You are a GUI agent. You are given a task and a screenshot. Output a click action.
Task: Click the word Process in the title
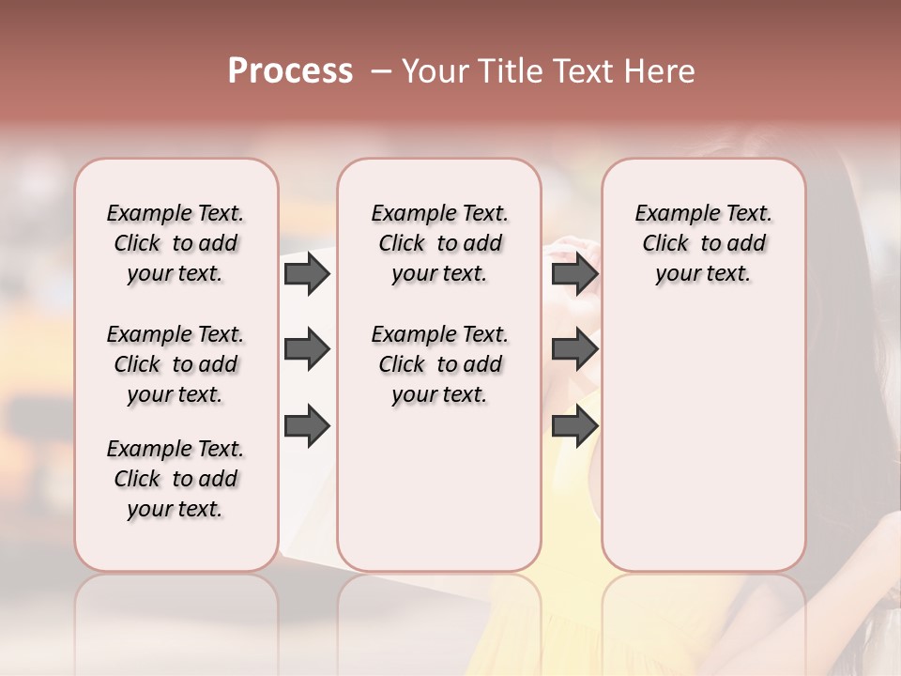pos(290,71)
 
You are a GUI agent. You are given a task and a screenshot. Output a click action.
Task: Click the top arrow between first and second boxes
pos(307,273)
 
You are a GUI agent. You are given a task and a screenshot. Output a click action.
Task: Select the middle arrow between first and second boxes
pos(307,349)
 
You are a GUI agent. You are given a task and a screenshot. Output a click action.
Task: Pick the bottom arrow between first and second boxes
pos(307,426)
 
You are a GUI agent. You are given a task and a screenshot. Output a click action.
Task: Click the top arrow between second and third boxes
pos(574,273)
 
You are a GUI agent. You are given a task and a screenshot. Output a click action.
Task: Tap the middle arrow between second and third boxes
pos(574,349)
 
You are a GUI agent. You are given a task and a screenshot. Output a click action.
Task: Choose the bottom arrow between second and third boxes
pos(574,426)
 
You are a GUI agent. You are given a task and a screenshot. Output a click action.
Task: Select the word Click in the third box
pos(665,243)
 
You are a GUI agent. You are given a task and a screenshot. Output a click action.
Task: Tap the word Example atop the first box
pos(142,213)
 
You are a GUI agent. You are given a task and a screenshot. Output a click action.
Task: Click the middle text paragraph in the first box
pos(176,364)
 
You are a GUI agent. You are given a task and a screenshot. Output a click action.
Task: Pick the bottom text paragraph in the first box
pos(176,479)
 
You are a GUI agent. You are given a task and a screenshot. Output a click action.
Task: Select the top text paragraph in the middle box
pos(439,243)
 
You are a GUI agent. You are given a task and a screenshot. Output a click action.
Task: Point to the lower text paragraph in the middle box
pos(439,364)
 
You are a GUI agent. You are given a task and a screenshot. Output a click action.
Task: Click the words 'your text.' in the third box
pos(703,273)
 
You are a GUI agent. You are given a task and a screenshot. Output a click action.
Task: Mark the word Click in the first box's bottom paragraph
pos(137,479)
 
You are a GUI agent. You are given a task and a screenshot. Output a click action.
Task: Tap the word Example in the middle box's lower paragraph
pos(406,334)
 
